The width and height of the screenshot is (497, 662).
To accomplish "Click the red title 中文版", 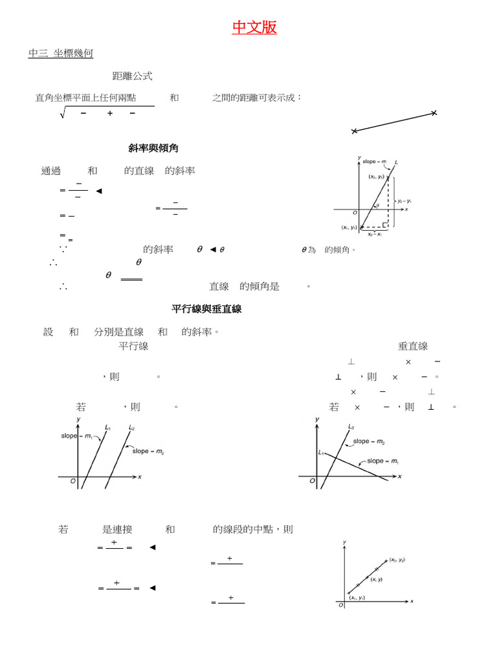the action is click(254, 27).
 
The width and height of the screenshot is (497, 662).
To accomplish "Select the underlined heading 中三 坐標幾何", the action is click(61, 54).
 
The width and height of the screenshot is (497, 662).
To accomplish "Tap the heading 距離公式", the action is click(132, 76).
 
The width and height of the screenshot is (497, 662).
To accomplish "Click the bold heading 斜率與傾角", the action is click(153, 149).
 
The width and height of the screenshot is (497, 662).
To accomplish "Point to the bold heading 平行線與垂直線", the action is click(206, 309).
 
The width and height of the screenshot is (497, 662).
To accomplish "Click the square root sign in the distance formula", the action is click(63, 114).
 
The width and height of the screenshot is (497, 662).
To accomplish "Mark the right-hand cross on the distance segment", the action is click(434, 113).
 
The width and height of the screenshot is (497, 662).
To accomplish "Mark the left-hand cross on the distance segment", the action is click(354, 131).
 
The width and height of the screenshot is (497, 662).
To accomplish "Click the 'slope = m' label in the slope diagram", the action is click(374, 162).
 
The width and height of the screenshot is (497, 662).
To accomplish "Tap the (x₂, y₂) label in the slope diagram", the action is click(377, 176).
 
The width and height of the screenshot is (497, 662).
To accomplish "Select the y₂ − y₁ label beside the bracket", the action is click(404, 200).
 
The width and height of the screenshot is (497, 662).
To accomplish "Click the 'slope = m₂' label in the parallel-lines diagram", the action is click(148, 452).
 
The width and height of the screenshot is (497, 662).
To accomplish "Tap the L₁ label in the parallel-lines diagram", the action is click(107, 427).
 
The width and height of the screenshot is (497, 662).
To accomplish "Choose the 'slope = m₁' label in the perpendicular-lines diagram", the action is click(384, 462).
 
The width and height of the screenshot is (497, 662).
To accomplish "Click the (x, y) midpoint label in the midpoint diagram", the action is click(377, 580).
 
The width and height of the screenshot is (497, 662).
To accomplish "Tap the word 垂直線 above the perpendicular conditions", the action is click(413, 347).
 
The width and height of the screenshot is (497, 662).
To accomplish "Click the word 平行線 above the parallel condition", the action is click(133, 347).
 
